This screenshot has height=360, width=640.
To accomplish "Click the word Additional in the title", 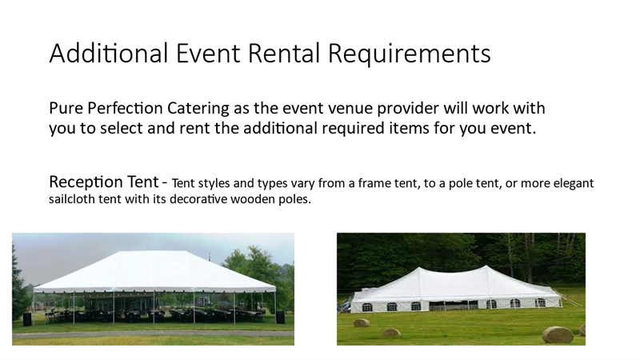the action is click(109, 53).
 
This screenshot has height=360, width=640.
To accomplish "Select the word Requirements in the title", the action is click(409, 54).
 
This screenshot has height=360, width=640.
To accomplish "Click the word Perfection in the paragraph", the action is click(125, 108).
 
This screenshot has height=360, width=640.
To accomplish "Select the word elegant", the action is click(574, 183).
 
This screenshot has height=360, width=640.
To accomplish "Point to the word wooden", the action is click(254, 199).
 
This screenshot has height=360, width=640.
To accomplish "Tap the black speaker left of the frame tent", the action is click(27, 319).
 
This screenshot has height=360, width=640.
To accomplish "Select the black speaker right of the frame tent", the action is click(281, 317).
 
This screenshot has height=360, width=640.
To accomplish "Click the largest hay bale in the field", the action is click(558, 334).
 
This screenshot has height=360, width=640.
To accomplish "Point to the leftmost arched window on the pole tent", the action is click(367, 307).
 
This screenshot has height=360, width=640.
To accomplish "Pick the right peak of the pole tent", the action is click(486, 266).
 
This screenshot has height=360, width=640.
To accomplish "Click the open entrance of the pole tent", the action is click(453, 306).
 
